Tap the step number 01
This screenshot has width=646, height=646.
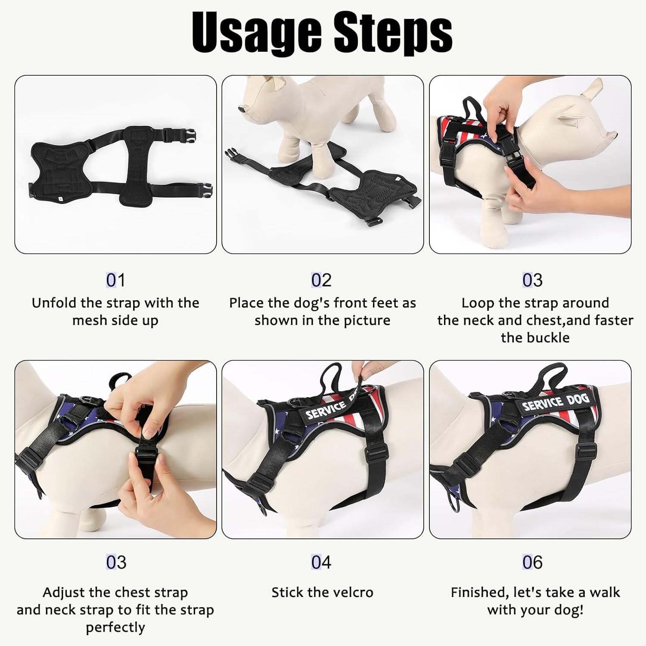point(115,280)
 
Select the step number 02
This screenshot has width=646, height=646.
point(321,280)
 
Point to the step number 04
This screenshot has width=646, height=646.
point(321,562)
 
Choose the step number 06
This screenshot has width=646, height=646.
point(532,562)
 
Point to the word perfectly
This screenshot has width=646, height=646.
point(115,627)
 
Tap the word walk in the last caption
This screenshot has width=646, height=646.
point(605,593)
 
